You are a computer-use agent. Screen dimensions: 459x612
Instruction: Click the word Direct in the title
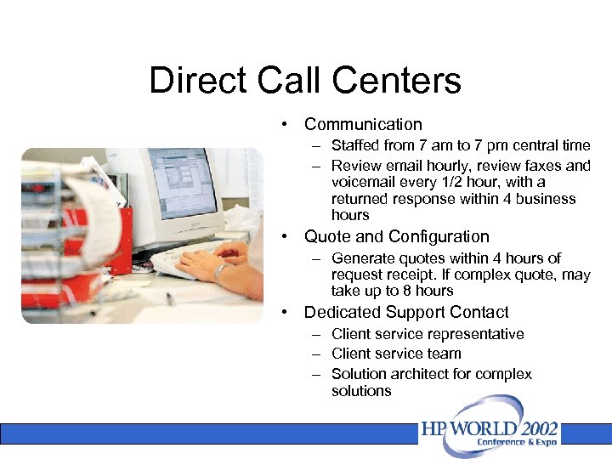point(197,81)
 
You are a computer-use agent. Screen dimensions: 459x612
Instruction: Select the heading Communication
point(363,124)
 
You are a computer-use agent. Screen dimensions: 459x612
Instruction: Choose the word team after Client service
point(445,354)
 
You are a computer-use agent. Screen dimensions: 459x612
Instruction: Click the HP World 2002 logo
point(490,433)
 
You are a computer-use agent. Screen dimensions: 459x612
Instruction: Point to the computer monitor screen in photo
point(183,182)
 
